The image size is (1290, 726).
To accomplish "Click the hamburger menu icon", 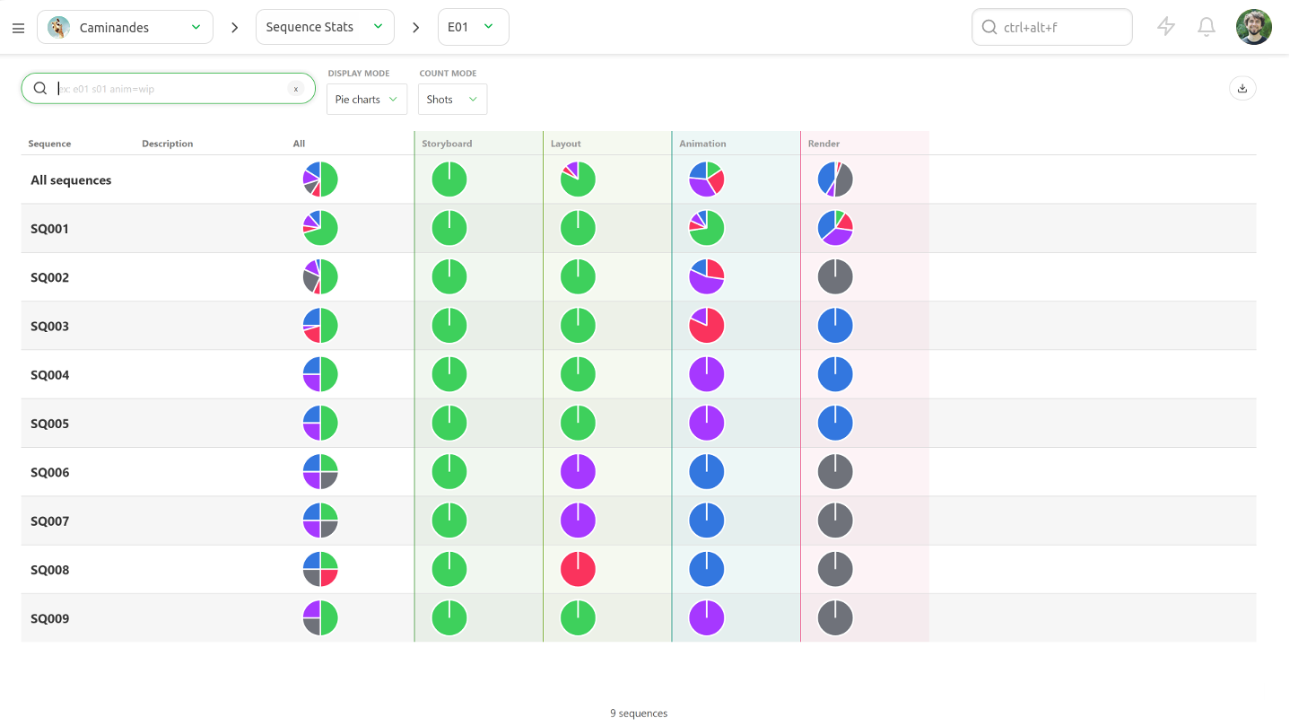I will click(x=18, y=28).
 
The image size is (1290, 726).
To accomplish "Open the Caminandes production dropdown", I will click(x=125, y=28).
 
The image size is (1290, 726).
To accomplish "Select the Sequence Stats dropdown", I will click(x=325, y=28).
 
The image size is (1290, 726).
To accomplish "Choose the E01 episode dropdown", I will click(x=473, y=28).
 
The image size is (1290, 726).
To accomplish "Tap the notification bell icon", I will click(x=1207, y=28).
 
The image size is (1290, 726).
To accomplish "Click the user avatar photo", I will click(x=1253, y=28).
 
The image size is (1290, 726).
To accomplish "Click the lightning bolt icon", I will click(x=1166, y=28).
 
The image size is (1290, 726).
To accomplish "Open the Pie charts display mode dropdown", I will click(x=367, y=100).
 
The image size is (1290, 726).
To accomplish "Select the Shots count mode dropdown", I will click(x=452, y=100).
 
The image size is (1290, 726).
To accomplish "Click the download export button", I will click(x=1242, y=88).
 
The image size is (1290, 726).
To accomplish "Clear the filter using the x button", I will click(x=295, y=89).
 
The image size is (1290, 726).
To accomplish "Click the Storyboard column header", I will click(x=447, y=144).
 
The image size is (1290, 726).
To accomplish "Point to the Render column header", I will click(x=824, y=144).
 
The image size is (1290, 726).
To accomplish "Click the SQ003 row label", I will click(x=50, y=327).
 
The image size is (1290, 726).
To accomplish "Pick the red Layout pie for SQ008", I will click(x=578, y=570).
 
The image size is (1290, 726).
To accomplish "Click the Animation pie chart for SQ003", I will click(x=707, y=326).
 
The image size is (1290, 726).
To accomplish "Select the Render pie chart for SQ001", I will click(x=835, y=229).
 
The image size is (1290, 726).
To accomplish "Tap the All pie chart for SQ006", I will click(x=320, y=472).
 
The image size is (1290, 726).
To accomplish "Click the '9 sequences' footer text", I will click(x=639, y=713).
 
